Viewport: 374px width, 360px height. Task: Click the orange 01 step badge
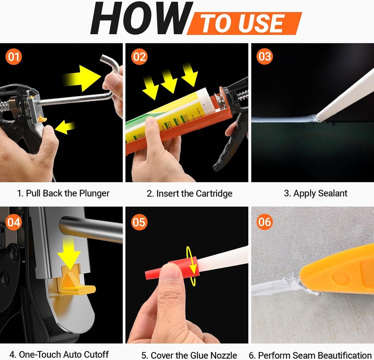pyautogui.click(x=14, y=57)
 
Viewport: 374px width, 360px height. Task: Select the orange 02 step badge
pyautogui.click(x=139, y=57)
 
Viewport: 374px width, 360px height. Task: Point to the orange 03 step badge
pyautogui.click(x=264, y=57)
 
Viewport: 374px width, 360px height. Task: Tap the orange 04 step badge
pyautogui.click(x=14, y=222)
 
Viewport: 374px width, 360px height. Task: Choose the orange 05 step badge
pyautogui.click(x=139, y=222)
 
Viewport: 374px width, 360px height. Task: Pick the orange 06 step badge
pyautogui.click(x=264, y=222)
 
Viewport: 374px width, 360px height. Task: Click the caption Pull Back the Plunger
pyautogui.click(x=63, y=193)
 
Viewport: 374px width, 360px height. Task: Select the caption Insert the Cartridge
pyautogui.click(x=189, y=194)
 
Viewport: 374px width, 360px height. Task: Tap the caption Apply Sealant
pyautogui.click(x=316, y=193)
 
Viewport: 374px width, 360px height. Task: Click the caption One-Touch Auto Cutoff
pyautogui.click(x=59, y=354)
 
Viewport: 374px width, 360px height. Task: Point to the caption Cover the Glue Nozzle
pyautogui.click(x=189, y=355)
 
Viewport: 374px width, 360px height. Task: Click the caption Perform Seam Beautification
pyautogui.click(x=310, y=355)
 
